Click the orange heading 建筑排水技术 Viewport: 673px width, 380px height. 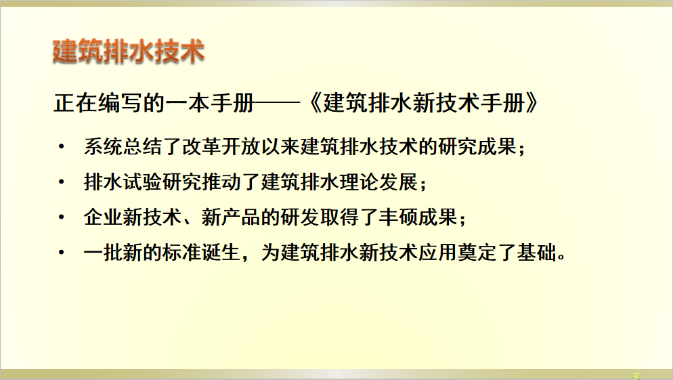pyautogui.click(x=129, y=51)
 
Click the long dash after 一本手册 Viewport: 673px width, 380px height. pyautogui.click(x=276, y=103)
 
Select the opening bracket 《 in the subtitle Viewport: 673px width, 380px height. pyautogui.click(x=315, y=104)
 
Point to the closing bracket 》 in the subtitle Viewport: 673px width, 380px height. pyautogui.click(x=531, y=104)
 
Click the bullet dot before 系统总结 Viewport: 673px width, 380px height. pyautogui.click(x=62, y=147)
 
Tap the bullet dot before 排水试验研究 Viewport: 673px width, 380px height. pyautogui.click(x=62, y=182)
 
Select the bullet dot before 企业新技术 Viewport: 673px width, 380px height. pyautogui.click(x=62, y=217)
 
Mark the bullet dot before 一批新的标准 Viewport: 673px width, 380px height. pyautogui.click(x=62, y=253)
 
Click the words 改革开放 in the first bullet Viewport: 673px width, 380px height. pyautogui.click(x=221, y=147)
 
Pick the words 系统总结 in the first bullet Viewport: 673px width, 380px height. pyautogui.click(x=123, y=147)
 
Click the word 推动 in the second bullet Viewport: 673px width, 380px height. pyautogui.click(x=221, y=182)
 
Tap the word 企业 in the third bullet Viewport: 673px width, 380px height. pyautogui.click(x=104, y=217)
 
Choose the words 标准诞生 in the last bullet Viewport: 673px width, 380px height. pyautogui.click(x=202, y=253)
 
